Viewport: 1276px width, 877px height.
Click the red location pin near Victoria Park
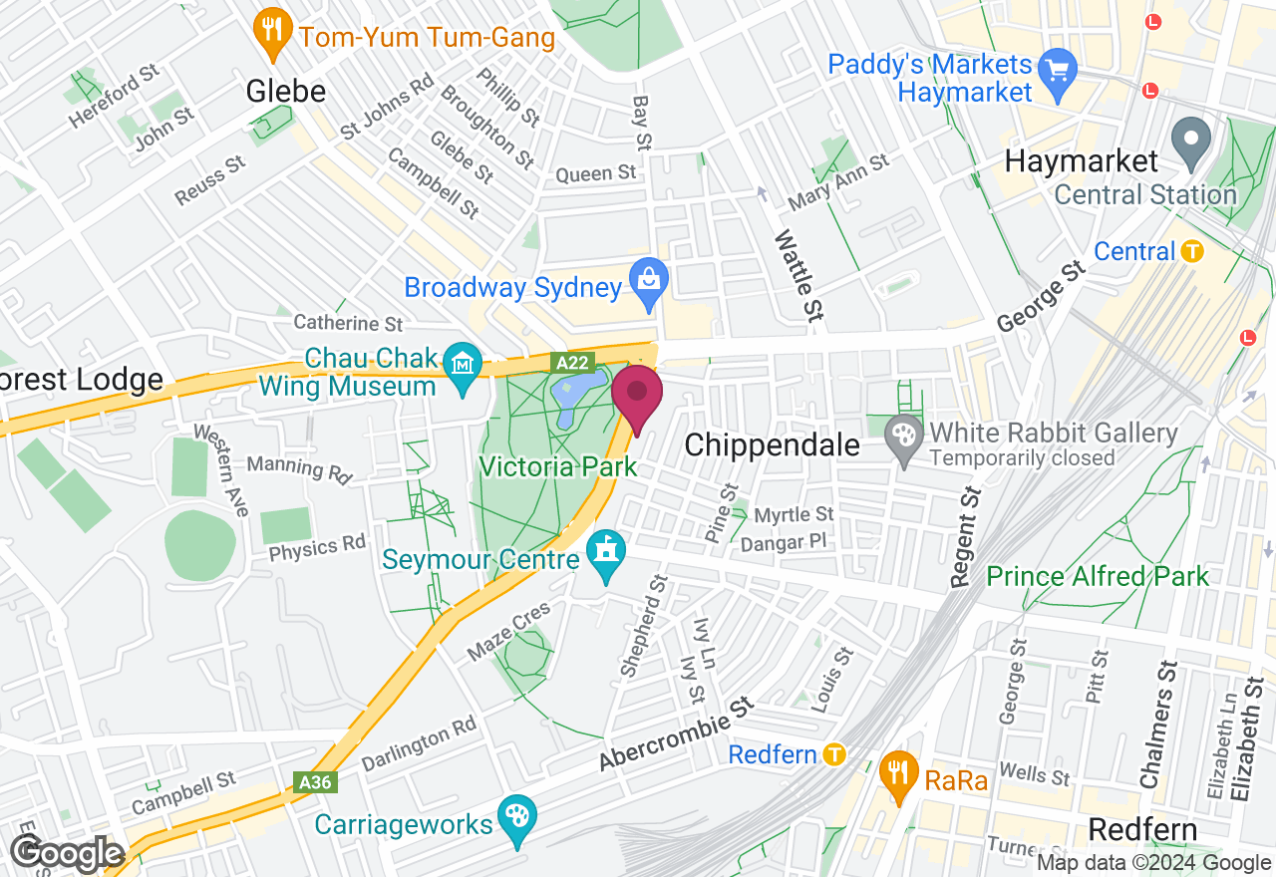click(x=636, y=395)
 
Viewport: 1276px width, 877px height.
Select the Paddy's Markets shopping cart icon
click(x=1057, y=71)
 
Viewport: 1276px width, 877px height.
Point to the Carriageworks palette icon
click(x=517, y=817)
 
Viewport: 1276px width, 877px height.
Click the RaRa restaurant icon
click(x=899, y=774)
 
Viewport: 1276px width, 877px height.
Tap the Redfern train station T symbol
click(x=835, y=754)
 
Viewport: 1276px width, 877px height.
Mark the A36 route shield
click(x=315, y=782)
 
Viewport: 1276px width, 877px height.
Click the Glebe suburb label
click(x=286, y=92)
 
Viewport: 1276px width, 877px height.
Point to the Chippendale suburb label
click(x=772, y=444)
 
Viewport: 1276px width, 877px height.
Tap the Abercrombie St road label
click(x=674, y=734)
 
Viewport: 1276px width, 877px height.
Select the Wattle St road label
click(x=797, y=275)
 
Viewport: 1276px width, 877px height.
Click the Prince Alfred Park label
click(x=1097, y=576)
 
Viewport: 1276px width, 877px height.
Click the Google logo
click(x=68, y=854)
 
